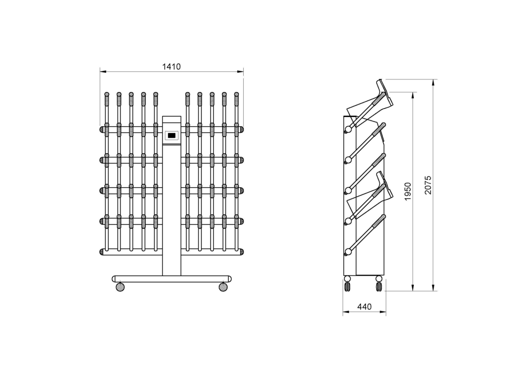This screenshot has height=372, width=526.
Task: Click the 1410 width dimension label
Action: pos(171,67)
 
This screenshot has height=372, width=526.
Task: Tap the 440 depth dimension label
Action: pos(364,307)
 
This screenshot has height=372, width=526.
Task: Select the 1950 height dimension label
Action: pos(408,192)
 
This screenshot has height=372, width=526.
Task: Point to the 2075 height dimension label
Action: pos(428,185)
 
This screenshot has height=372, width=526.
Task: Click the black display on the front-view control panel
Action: pos(171,136)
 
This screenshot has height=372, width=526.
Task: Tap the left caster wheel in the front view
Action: pos(120,287)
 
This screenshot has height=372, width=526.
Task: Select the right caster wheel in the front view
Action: pos(223,287)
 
